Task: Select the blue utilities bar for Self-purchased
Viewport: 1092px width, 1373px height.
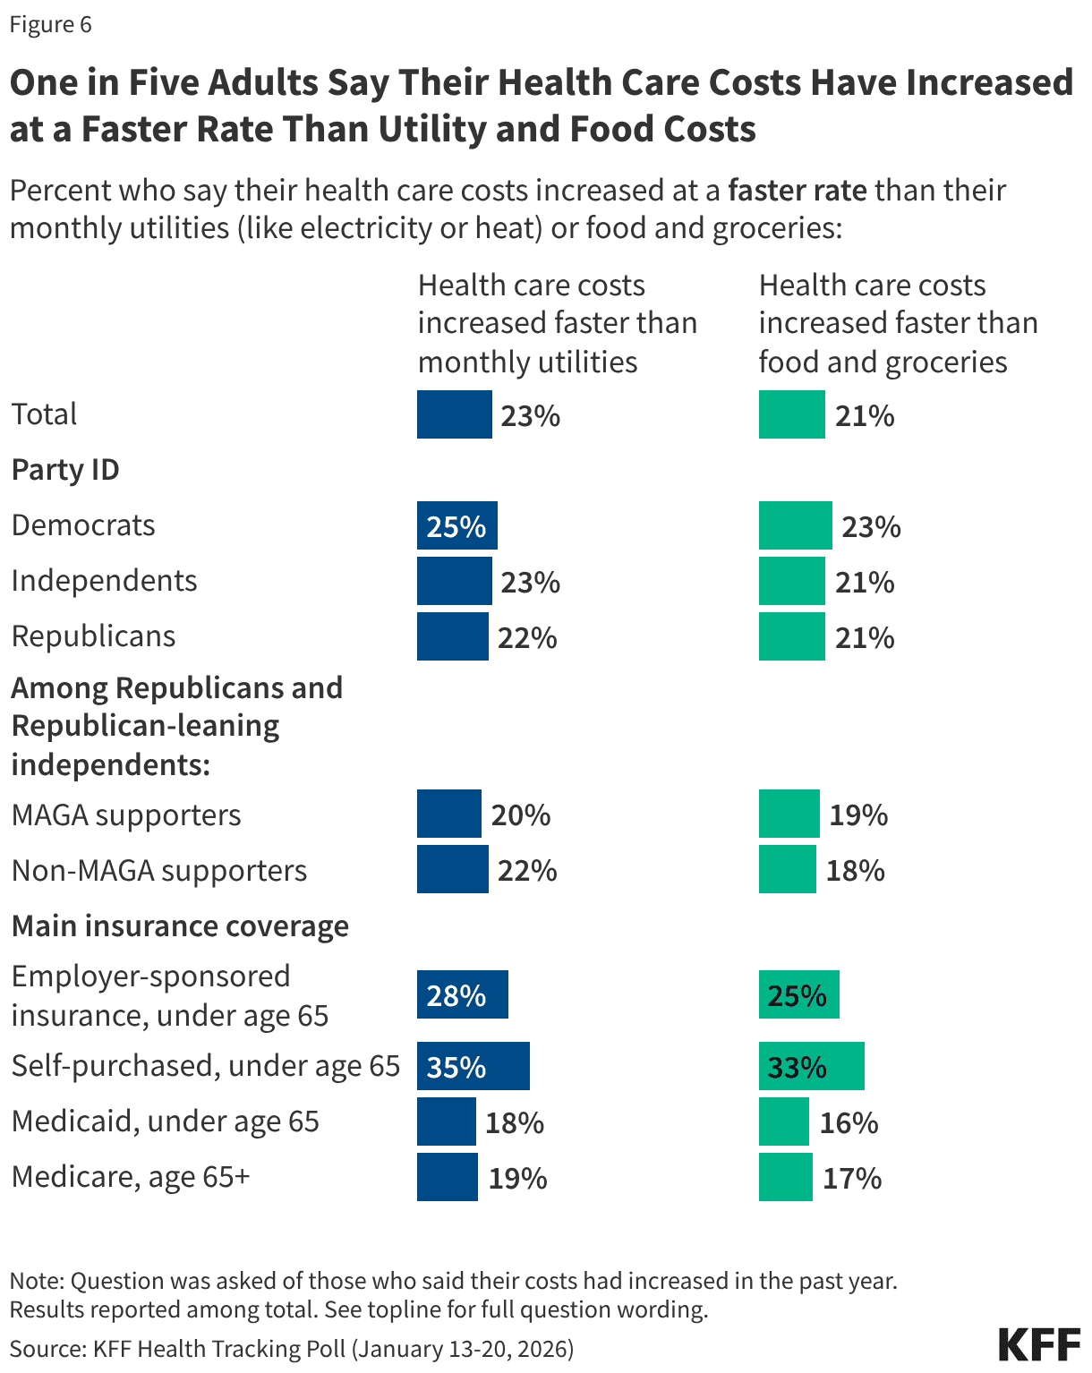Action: [473, 1066]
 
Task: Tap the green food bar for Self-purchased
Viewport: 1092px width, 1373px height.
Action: [811, 1066]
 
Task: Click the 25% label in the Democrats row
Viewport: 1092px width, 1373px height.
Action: [456, 526]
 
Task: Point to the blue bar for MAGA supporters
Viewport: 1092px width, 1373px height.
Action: [448, 814]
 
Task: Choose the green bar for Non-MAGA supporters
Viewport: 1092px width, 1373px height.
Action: [787, 869]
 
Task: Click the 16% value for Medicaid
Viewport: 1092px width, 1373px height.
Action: [849, 1122]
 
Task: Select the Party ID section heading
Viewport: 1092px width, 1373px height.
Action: [65, 470]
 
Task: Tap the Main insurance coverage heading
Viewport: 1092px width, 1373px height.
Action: [180, 926]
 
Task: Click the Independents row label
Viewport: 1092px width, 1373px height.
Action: [104, 581]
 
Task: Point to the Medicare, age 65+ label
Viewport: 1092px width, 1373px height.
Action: [131, 1177]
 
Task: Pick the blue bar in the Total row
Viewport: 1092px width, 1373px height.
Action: [454, 414]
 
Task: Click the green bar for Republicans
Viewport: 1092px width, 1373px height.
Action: [791, 636]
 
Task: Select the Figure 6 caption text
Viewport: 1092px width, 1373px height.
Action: [50, 24]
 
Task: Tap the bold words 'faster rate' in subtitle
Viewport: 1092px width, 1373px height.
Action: [797, 191]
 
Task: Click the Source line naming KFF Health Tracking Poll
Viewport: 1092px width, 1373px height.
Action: [292, 1349]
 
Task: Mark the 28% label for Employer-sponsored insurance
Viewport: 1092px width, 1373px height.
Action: [456, 995]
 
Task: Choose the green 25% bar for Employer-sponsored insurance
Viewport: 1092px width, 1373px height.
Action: [798, 994]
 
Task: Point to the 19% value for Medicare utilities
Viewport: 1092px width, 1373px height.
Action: [517, 1178]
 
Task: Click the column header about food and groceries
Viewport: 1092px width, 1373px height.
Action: [898, 323]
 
